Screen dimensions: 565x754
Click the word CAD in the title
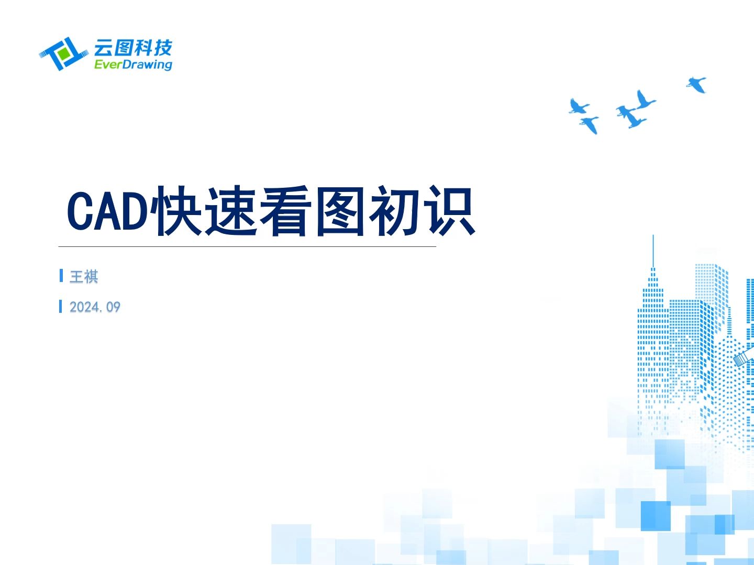click(x=107, y=211)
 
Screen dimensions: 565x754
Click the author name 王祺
click(x=84, y=276)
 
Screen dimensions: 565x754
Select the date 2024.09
click(x=95, y=307)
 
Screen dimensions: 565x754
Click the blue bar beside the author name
click(x=61, y=276)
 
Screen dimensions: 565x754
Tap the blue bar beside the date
click(x=61, y=306)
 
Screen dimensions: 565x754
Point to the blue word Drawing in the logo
click(x=148, y=64)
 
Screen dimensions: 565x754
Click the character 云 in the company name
click(x=103, y=48)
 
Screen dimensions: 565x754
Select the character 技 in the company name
click(x=162, y=48)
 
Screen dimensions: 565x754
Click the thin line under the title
click(x=247, y=246)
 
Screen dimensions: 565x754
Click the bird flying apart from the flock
click(x=696, y=84)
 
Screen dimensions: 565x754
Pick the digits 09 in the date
click(x=113, y=307)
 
